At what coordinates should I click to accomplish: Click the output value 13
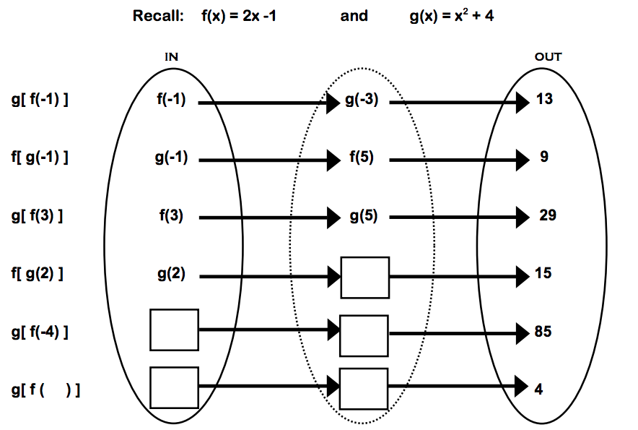(x=545, y=99)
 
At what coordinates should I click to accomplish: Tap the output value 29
(x=547, y=215)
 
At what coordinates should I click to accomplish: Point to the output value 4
(x=539, y=389)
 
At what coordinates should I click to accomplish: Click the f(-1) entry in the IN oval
(x=171, y=100)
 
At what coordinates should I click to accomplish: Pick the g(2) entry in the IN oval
(x=172, y=274)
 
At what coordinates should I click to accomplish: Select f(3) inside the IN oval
(x=172, y=216)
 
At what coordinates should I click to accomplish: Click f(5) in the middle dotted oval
(x=361, y=158)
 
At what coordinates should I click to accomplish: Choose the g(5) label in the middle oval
(x=362, y=216)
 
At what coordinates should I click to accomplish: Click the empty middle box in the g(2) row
(x=365, y=278)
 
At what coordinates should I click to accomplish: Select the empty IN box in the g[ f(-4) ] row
(x=174, y=330)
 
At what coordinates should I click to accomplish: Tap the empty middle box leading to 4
(x=364, y=389)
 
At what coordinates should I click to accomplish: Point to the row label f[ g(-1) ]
(x=40, y=158)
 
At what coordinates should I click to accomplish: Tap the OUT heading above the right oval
(x=548, y=56)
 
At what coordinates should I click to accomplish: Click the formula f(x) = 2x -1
(x=238, y=16)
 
